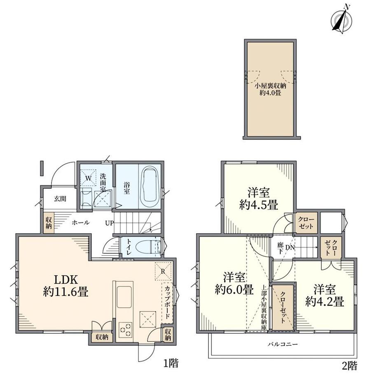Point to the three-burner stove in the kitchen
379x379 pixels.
[125, 330]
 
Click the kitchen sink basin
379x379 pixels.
[124, 297]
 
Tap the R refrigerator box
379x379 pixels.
[163, 271]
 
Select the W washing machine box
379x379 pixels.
[89, 178]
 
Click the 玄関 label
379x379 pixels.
[60, 199]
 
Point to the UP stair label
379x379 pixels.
[109, 223]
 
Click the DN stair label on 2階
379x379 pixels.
[290, 248]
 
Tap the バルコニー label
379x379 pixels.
[282, 344]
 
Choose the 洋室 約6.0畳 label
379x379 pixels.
[234, 283]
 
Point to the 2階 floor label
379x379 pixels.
[349, 366]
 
